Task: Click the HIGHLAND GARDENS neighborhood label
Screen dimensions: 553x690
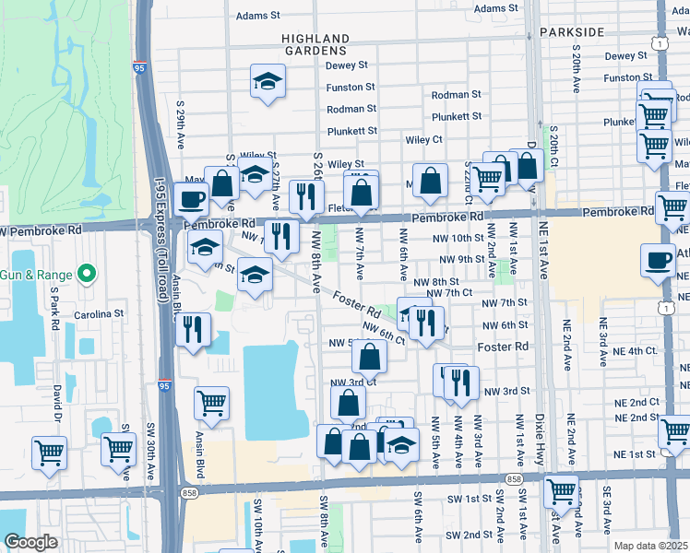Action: pyautogui.click(x=315, y=44)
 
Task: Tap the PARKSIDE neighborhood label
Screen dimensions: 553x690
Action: pyautogui.click(x=571, y=31)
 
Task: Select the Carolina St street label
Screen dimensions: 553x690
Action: pyautogui.click(x=99, y=313)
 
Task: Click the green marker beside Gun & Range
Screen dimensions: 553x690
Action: pyautogui.click(x=86, y=273)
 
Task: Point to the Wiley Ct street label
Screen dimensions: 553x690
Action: pyautogui.click(x=424, y=140)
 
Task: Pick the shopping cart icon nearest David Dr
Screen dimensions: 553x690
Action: pyautogui.click(x=49, y=452)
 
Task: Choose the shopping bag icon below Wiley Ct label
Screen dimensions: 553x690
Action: pyautogui.click(x=430, y=181)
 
